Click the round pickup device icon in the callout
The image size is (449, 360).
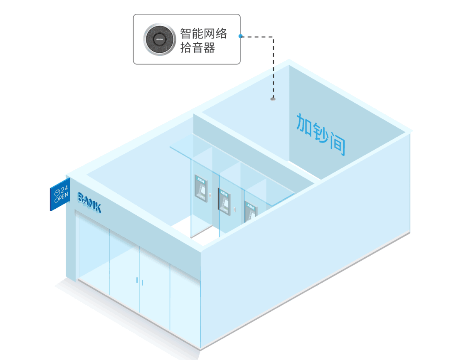pyautogui.click(x=159, y=39)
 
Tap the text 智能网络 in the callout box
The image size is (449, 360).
pyautogui.click(x=203, y=33)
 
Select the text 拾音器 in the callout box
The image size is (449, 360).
pyautogui.click(x=197, y=48)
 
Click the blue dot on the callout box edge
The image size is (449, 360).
pyautogui.click(x=240, y=36)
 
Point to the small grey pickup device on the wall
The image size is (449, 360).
pyautogui.click(x=273, y=99)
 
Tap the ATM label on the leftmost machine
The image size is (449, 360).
pyautogui.click(x=200, y=181)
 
